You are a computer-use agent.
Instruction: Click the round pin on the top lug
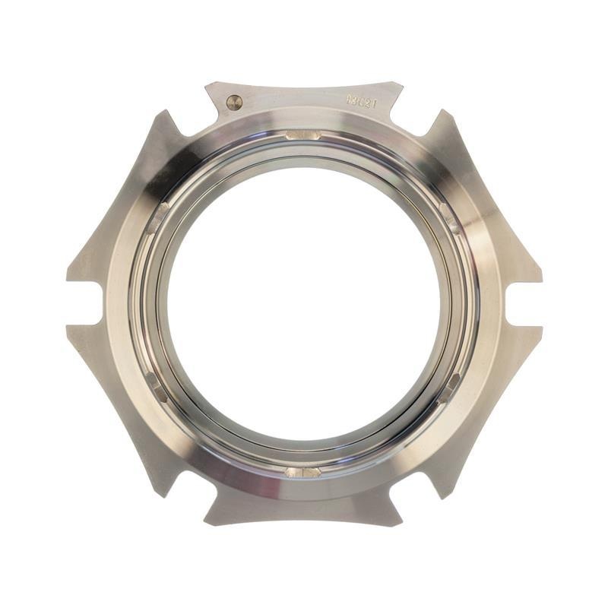click(x=235, y=102)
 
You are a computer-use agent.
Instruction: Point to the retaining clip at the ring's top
click(x=303, y=135)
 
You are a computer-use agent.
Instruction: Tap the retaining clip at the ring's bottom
click(x=303, y=472)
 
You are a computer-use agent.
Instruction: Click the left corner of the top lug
click(x=207, y=84)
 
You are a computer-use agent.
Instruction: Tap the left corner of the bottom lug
click(x=206, y=524)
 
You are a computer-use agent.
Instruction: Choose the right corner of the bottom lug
click(x=401, y=524)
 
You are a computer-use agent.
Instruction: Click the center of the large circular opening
click(x=304, y=304)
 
